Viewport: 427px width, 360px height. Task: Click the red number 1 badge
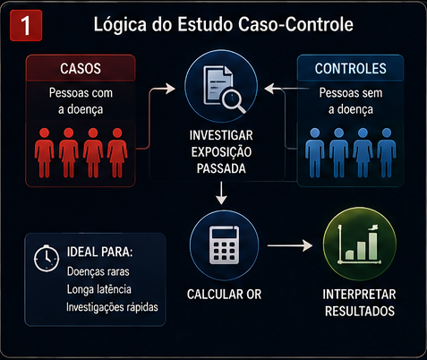(26, 25)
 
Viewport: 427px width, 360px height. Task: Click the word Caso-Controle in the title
(295, 24)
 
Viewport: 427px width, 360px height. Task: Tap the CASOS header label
(81, 69)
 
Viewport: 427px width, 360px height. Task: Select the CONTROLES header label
(350, 69)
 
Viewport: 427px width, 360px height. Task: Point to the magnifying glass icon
(234, 101)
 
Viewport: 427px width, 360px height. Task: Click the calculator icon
(225, 244)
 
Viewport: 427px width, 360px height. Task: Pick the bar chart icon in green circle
(360, 244)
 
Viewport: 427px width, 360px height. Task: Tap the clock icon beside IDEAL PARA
(46, 258)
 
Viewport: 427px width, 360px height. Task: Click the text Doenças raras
(98, 271)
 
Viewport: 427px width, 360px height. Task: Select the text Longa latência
(98, 289)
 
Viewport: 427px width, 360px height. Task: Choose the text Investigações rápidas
(112, 307)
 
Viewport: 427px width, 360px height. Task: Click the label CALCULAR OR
(224, 295)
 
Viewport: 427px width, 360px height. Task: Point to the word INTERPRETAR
(359, 295)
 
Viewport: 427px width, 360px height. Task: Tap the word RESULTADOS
(360, 312)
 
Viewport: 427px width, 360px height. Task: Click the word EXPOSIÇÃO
(221, 152)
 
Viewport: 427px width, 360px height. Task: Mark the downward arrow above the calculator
(221, 193)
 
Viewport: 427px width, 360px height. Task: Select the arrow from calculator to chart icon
(290, 245)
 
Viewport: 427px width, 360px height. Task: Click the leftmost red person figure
(44, 153)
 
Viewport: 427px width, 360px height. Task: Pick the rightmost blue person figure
(387, 153)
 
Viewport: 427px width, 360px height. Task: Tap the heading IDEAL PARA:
(99, 252)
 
